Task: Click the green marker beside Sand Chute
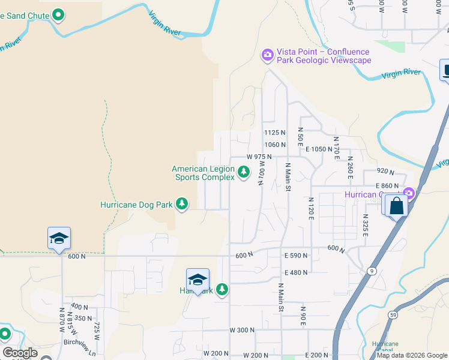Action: pos(58,14)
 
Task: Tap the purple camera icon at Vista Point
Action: pos(267,55)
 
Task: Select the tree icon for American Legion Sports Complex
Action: pos(244,173)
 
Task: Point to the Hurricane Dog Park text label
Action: pos(136,205)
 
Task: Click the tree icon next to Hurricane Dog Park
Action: pos(182,205)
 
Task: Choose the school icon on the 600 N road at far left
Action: pos(59,238)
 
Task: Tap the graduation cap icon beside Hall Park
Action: pos(197,280)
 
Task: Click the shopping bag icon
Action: pos(397,206)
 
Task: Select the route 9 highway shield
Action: pos(372,270)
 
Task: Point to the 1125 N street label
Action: pos(274,133)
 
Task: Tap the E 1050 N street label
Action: pos(319,149)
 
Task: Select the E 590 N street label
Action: pos(295,256)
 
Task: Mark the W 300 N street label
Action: pos(242,330)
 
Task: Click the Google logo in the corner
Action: pos(20,353)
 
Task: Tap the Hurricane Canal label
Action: pos(385,347)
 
